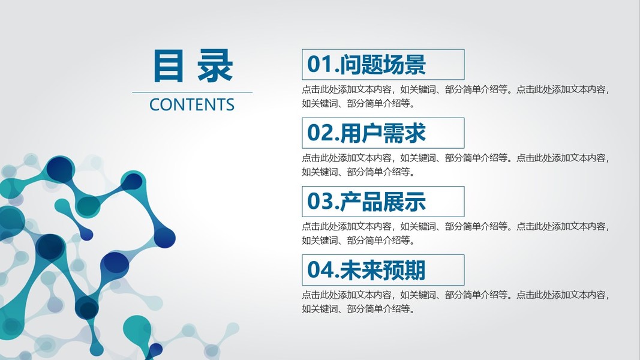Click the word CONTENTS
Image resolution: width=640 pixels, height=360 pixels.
click(x=192, y=105)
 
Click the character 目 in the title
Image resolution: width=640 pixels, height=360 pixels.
click(x=168, y=66)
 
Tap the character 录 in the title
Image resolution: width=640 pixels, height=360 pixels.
click(x=215, y=66)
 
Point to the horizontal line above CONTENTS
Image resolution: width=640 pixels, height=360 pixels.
click(x=193, y=92)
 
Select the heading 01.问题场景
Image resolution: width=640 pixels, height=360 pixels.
click(x=366, y=64)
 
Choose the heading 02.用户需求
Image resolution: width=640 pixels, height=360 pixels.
click(x=366, y=133)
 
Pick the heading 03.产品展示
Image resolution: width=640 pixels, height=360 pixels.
click(x=366, y=202)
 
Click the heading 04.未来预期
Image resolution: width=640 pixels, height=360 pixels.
click(x=366, y=270)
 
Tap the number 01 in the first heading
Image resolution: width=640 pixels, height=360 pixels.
click(x=320, y=64)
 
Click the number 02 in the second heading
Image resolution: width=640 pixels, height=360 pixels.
click(x=320, y=133)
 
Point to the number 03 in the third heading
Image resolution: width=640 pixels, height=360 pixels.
click(x=320, y=202)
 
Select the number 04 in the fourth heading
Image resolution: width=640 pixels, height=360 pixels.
click(x=320, y=270)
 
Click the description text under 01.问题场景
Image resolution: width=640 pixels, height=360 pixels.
click(x=455, y=97)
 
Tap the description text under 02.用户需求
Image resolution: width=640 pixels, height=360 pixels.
click(x=455, y=165)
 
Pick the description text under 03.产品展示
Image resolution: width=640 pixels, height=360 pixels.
click(x=455, y=233)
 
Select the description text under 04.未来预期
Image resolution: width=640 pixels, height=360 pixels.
click(x=455, y=302)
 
